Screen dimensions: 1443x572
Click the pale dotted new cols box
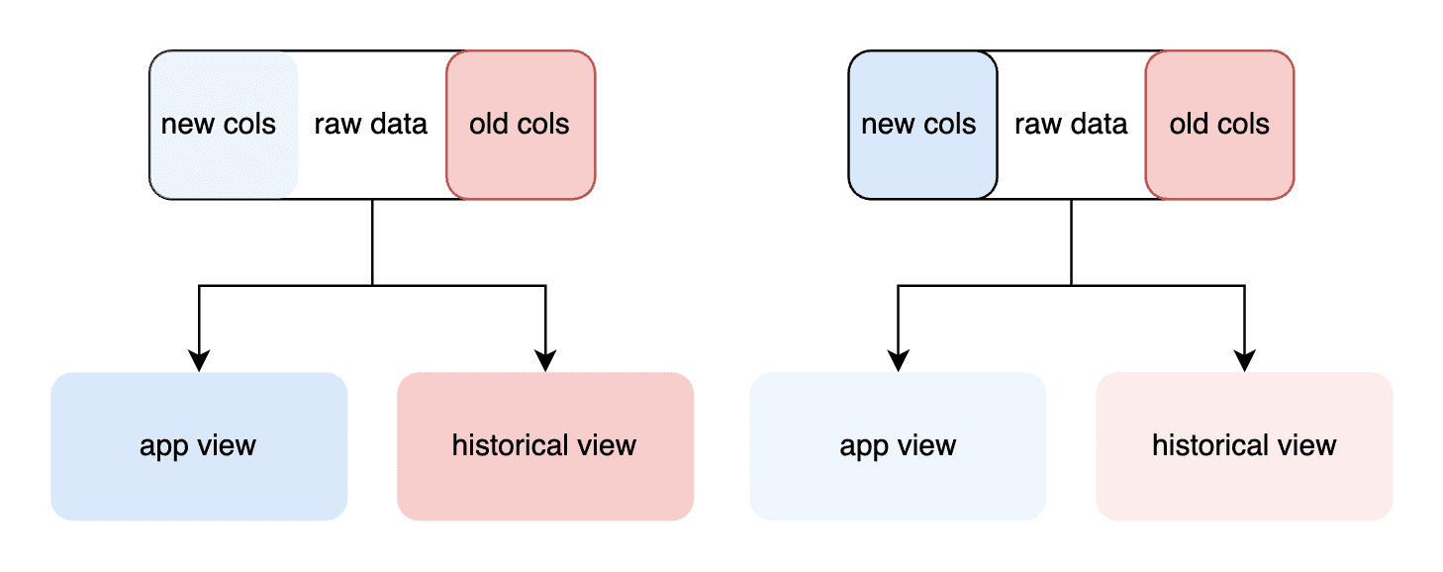pos(224,125)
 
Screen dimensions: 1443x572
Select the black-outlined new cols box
pos(922,125)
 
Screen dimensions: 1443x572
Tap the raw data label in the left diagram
pos(370,124)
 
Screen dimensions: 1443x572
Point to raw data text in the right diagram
pos(1071,124)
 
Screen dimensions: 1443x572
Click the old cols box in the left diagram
pos(521,125)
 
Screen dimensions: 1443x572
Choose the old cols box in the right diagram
pos(1219,125)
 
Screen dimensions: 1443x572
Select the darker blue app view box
pos(199,446)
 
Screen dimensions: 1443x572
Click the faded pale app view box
pos(898,446)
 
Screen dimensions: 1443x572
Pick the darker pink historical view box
pos(545,446)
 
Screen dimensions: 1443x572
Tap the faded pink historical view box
pos(1245,446)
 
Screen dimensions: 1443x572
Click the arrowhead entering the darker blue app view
pos(199,361)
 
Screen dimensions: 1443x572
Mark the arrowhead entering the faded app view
pos(898,361)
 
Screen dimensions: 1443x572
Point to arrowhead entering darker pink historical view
pos(545,361)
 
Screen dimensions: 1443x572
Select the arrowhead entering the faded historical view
pos(1245,361)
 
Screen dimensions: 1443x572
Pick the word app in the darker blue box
pos(163,447)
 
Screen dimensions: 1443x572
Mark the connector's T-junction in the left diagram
pos(372,285)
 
